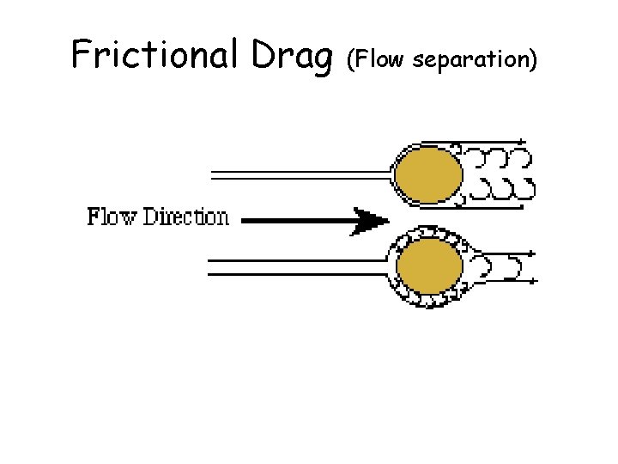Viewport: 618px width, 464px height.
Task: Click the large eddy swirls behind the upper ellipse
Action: click(x=498, y=174)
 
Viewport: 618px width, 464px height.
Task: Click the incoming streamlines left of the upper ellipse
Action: click(x=300, y=175)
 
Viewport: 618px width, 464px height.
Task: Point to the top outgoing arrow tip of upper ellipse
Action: click(x=524, y=142)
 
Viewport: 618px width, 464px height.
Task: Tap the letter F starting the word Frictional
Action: click(x=81, y=54)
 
